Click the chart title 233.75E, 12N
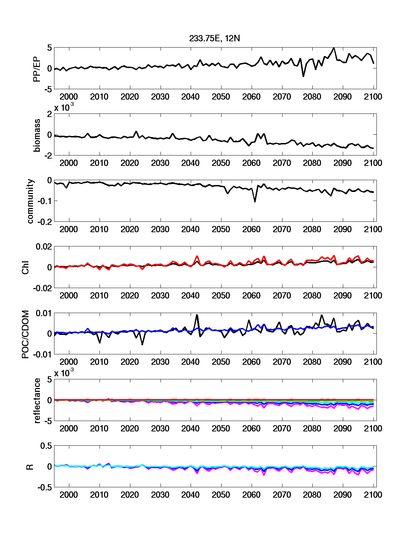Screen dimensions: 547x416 click(x=214, y=39)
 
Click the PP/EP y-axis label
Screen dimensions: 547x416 click(x=37, y=69)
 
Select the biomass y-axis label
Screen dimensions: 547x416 click(x=37, y=135)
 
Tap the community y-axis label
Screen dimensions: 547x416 click(x=30, y=201)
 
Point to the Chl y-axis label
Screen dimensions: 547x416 click(x=26, y=267)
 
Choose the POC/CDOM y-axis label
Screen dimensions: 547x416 click(x=26, y=334)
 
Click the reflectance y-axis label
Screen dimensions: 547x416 click(x=37, y=401)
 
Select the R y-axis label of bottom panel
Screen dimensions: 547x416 click(x=30, y=467)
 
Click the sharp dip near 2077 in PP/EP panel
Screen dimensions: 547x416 click(x=303, y=76)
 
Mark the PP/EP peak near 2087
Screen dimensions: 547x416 click(x=334, y=48)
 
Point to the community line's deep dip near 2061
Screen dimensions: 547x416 click(x=255, y=201)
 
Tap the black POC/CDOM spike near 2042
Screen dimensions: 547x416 click(x=197, y=315)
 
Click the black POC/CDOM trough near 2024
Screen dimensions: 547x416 click(x=142, y=344)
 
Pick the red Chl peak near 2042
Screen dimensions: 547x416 click(x=197, y=256)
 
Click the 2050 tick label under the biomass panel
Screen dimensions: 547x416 click(x=221, y=163)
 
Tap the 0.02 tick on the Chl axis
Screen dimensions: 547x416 click(x=44, y=247)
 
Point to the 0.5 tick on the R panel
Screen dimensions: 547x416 click(x=46, y=446)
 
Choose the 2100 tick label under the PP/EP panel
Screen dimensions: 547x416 click(x=373, y=97)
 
